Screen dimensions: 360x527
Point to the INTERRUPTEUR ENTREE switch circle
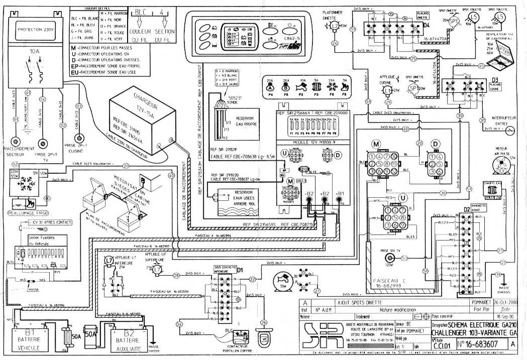(510, 130)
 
